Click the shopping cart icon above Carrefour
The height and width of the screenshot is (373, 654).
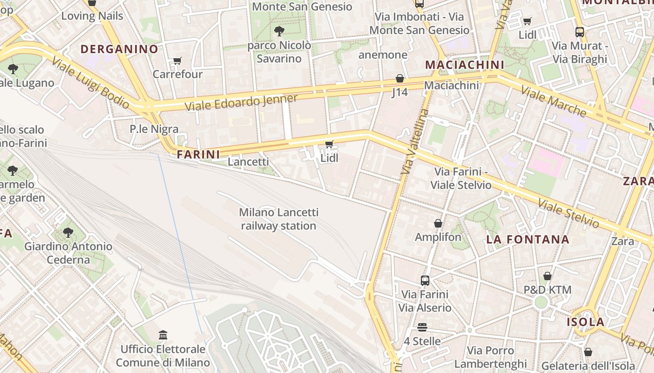point(177,61)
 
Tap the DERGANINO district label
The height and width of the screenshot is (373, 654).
point(119,49)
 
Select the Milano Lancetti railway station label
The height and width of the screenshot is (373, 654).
point(279,219)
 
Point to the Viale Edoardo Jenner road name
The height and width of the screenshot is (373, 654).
point(241,103)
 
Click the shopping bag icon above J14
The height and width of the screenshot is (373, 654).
point(399,78)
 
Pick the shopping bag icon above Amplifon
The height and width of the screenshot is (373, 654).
point(438,224)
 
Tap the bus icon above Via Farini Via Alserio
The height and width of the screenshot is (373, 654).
point(425,280)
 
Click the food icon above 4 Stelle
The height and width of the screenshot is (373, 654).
point(422,327)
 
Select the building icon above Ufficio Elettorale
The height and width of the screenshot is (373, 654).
point(163,335)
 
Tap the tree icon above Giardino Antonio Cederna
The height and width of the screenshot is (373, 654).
point(68,232)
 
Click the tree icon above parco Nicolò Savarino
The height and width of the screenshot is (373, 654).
point(279,31)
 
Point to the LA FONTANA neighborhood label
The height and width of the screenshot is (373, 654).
point(528,240)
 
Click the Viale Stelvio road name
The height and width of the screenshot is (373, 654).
point(568,213)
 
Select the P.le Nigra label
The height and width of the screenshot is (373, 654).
point(154,129)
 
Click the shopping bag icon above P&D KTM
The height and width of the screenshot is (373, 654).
point(547,276)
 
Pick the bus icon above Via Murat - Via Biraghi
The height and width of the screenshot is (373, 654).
point(580,32)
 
